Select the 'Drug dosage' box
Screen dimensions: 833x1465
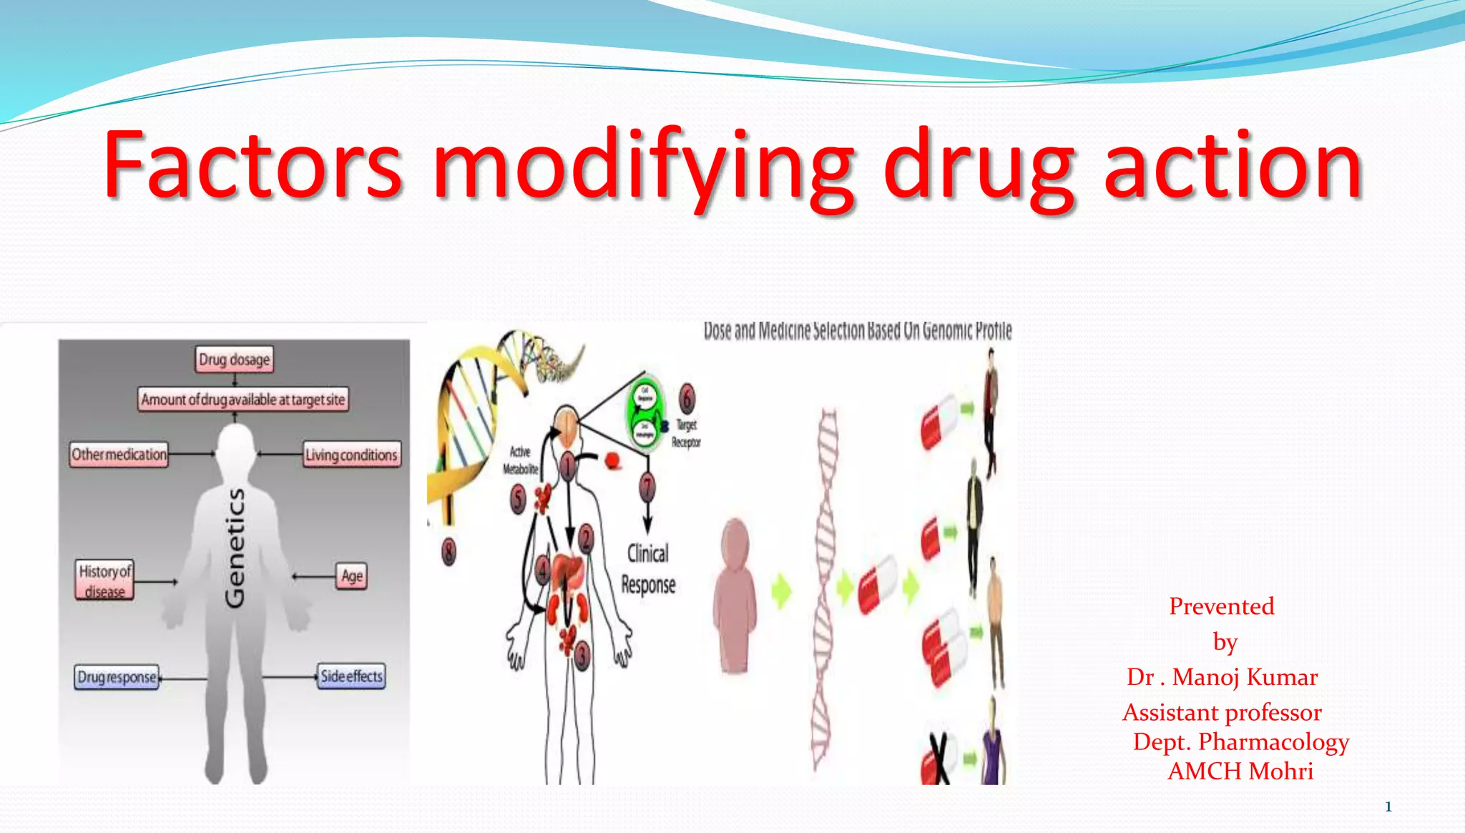click(x=234, y=359)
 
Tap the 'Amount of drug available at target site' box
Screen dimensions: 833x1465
click(x=242, y=399)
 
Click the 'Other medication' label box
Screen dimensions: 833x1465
click(x=119, y=454)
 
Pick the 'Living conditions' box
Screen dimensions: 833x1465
click(x=351, y=455)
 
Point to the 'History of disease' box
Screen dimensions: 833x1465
click(x=105, y=580)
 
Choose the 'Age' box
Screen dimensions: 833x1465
click(x=352, y=576)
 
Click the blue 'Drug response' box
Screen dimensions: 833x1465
click(x=117, y=676)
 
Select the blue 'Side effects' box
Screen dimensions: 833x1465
click(x=351, y=676)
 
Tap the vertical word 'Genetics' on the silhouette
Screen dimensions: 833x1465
click(x=235, y=548)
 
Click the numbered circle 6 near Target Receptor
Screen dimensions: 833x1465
click(x=687, y=398)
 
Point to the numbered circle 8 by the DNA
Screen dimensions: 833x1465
click(x=449, y=551)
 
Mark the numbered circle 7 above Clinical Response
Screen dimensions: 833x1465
click(x=647, y=488)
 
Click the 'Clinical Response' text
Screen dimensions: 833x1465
click(x=648, y=569)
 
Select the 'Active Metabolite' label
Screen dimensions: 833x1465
click(x=520, y=460)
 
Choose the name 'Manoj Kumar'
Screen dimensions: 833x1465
click(x=1245, y=677)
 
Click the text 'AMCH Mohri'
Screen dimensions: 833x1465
click(x=1240, y=772)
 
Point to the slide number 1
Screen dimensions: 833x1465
click(x=1388, y=807)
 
